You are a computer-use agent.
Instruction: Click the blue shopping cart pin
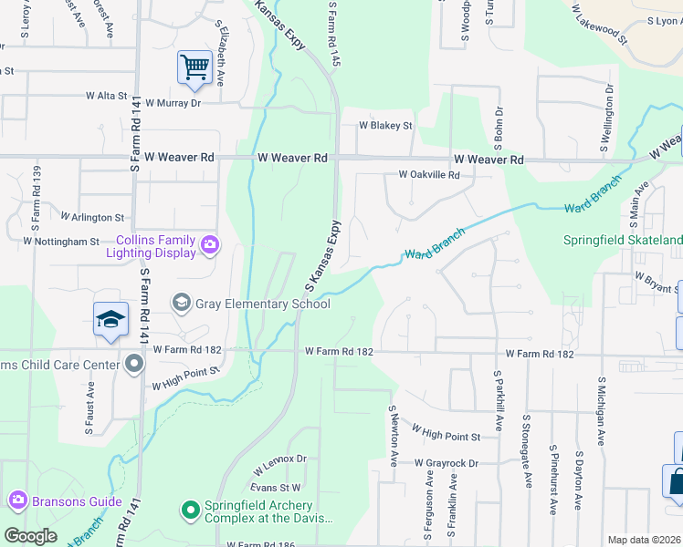pyautogui.click(x=194, y=68)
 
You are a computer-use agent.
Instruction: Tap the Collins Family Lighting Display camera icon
pyautogui.click(x=210, y=243)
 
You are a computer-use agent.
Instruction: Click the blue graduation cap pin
pyautogui.click(x=110, y=319)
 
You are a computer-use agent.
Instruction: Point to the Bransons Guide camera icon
pyautogui.click(x=17, y=501)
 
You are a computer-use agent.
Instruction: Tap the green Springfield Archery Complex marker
pyautogui.click(x=190, y=509)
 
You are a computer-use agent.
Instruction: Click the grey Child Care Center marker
pyautogui.click(x=135, y=365)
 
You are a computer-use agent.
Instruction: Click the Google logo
pyautogui.click(x=30, y=535)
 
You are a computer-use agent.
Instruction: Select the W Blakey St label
pyautogui.click(x=385, y=126)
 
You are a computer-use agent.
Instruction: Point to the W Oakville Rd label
pyautogui.click(x=428, y=174)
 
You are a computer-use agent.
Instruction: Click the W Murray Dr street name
pyautogui.click(x=172, y=103)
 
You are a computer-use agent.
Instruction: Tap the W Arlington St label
pyautogui.click(x=92, y=218)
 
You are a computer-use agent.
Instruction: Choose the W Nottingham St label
pyautogui.click(x=61, y=242)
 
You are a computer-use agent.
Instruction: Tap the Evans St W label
pyautogui.click(x=278, y=489)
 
